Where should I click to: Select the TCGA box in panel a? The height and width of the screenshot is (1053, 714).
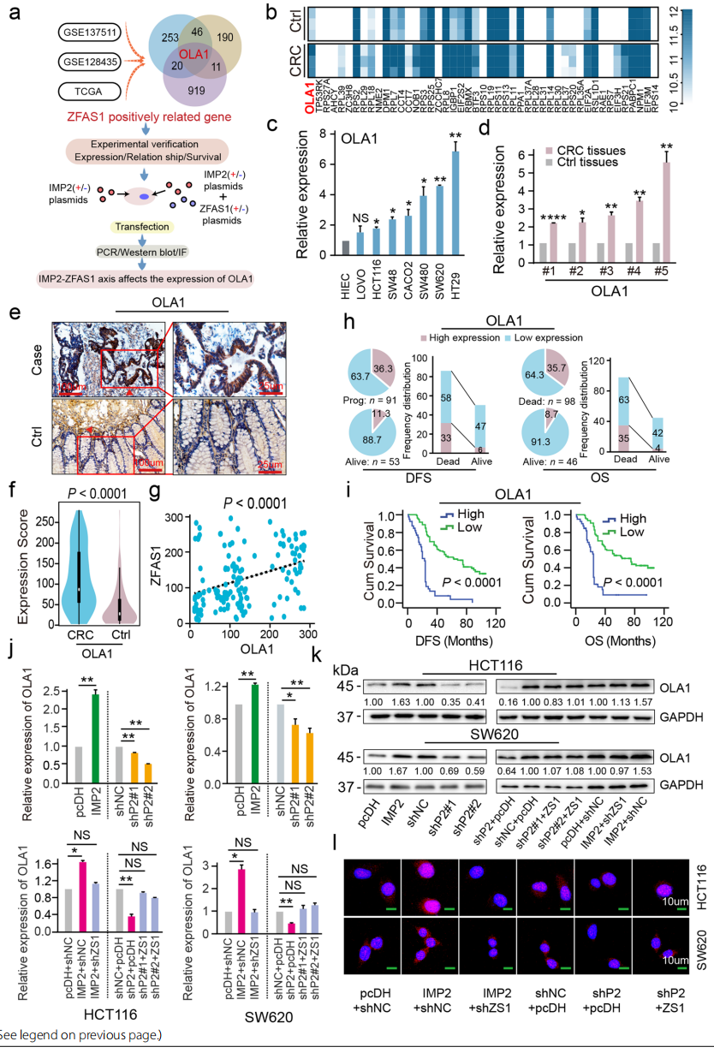click(91, 91)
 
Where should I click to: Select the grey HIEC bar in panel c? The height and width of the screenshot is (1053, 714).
click(345, 248)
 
